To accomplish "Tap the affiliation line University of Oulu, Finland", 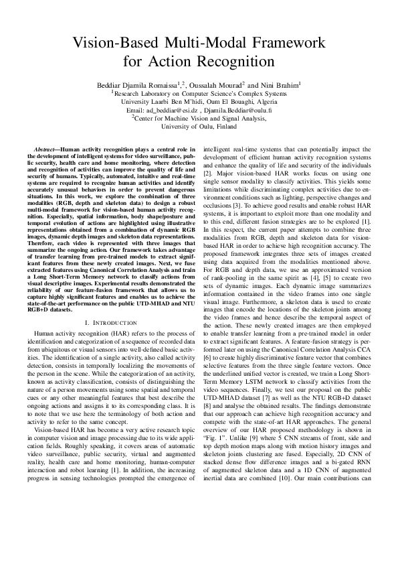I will [199, 125].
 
